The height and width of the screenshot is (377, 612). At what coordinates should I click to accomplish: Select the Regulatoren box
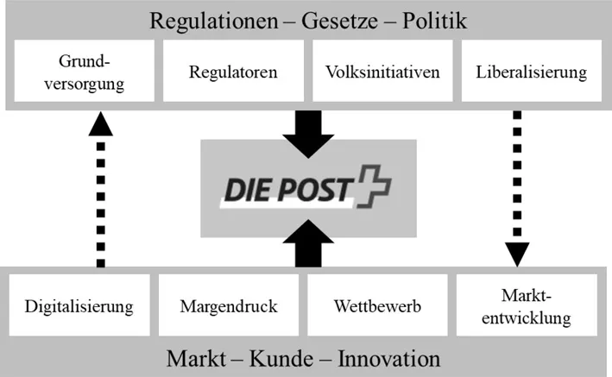coord(233,72)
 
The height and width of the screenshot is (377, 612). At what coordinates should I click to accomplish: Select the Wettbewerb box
coord(376,305)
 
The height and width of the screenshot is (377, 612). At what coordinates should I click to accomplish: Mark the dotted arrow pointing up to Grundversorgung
coord(100,190)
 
